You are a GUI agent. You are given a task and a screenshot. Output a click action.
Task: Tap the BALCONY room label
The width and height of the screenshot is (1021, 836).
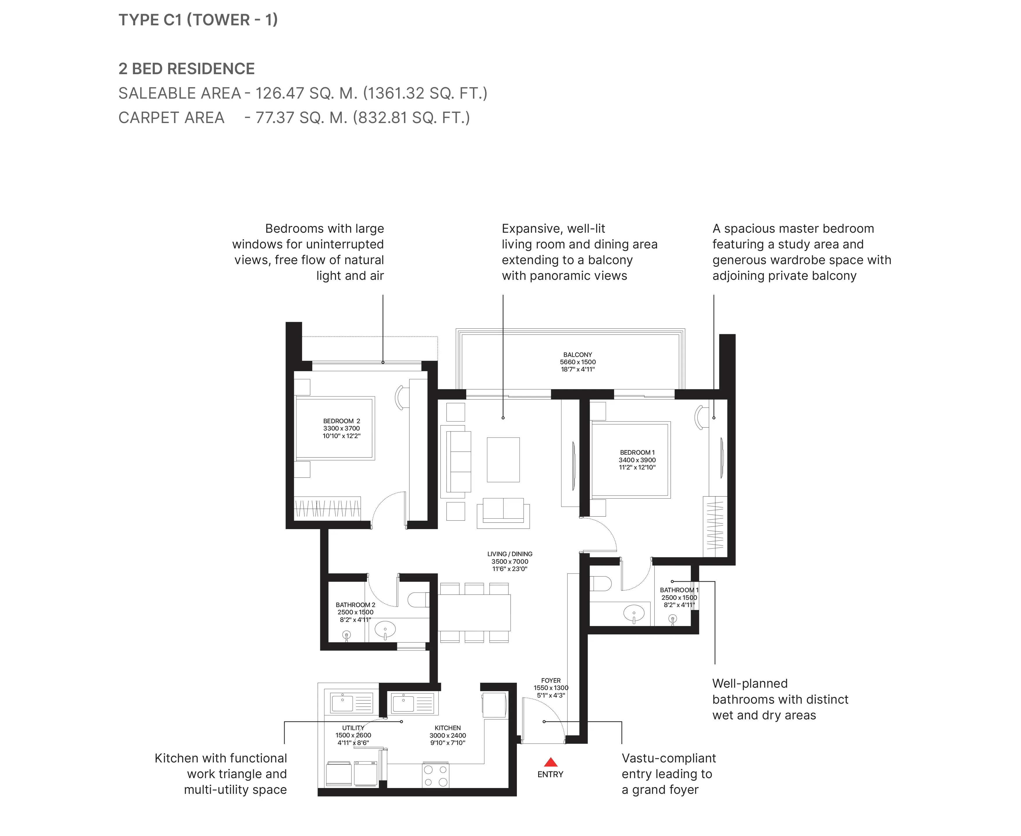(578, 354)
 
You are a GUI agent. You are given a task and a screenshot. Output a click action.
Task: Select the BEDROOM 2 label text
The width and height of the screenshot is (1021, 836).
(342, 421)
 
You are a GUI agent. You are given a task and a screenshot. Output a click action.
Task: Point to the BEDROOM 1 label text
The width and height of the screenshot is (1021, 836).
(637, 452)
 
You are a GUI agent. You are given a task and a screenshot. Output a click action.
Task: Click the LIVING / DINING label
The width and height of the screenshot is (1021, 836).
(510, 554)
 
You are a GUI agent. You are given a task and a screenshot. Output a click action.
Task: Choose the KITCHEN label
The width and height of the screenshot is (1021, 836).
(448, 728)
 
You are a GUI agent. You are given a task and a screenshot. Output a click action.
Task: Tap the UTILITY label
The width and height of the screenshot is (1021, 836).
(353, 728)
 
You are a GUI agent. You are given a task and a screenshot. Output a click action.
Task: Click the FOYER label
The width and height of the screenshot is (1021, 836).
(551, 680)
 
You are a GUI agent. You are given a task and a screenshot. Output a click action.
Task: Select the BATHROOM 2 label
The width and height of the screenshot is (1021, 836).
(356, 605)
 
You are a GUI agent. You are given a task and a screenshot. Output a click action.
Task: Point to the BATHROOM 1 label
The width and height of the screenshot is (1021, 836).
(679, 590)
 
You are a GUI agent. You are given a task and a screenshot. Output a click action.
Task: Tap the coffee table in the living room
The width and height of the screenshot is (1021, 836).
(503, 459)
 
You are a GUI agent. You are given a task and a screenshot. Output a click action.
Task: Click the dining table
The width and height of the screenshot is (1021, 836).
(474, 613)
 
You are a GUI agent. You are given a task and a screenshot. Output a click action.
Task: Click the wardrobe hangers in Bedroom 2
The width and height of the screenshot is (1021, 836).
(327, 508)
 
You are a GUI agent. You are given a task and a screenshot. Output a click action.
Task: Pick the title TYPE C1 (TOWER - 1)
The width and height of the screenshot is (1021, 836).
(198, 20)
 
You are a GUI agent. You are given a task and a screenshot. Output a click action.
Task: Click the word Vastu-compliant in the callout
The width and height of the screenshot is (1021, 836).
(669, 758)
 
